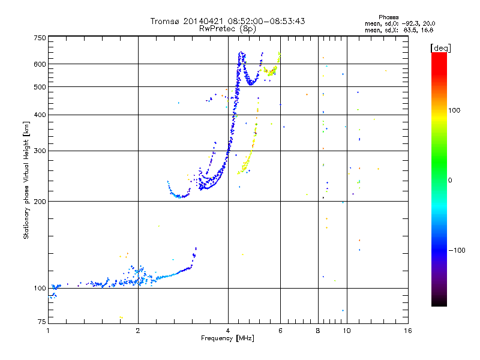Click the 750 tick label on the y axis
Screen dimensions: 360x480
40,38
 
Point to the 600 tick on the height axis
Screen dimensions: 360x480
40,64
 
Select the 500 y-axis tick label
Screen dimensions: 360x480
40,87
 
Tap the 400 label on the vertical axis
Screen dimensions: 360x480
40,115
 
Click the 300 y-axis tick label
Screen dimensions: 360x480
40,151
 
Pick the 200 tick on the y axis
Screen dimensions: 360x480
40,201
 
